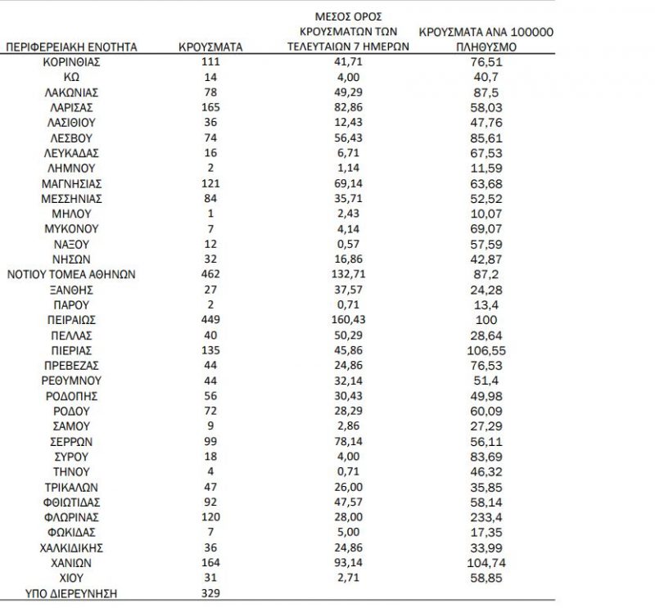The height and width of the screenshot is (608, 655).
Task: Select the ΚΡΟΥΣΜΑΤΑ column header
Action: (210, 47)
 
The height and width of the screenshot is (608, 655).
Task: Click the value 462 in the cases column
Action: (210, 275)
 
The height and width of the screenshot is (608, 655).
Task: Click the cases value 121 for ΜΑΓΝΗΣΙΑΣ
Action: (210, 184)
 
